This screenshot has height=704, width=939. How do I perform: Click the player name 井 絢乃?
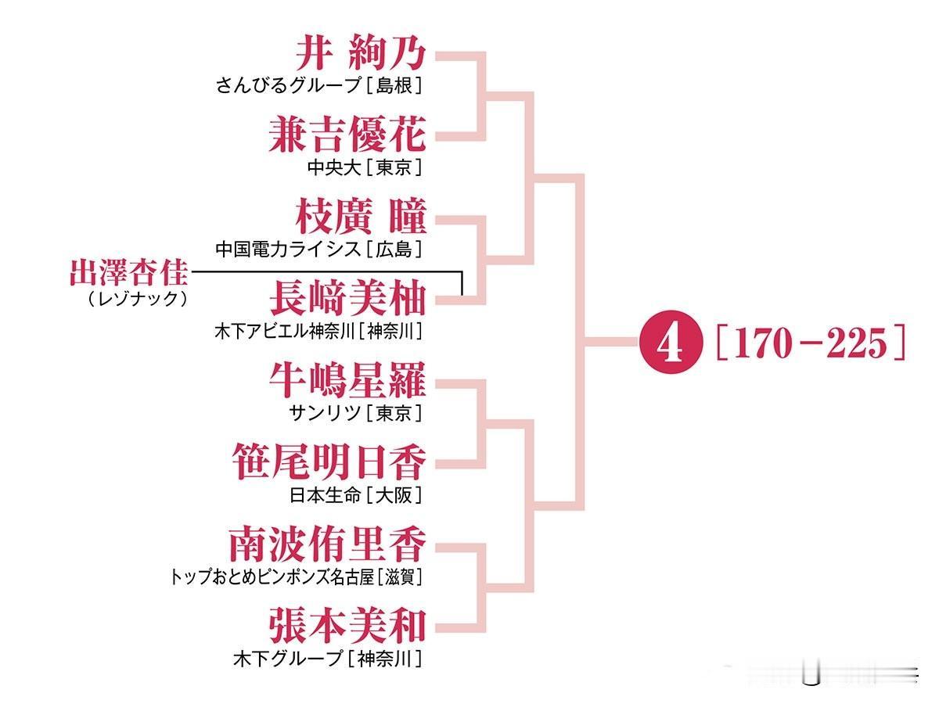coord(361,53)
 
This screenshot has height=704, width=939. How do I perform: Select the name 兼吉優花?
coord(347,135)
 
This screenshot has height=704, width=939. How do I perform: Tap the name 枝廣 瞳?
coord(361,216)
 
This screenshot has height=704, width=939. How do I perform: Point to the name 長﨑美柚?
coord(347,298)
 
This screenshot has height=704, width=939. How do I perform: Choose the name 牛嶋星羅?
coord(347,380)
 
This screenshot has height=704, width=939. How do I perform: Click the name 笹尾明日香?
coord(329,462)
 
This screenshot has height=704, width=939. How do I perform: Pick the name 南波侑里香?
coord(328,544)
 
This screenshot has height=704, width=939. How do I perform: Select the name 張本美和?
coord(347,626)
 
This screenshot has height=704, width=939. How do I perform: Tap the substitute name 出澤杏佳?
coord(129,272)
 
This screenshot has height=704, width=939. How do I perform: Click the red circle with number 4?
coord(671,342)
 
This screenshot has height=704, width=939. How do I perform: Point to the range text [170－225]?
coord(811,343)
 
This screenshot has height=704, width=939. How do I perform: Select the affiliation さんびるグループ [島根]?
coord(319,85)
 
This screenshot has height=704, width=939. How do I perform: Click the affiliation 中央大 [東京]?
coord(365,167)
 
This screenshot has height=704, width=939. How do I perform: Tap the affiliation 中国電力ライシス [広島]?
coord(319,250)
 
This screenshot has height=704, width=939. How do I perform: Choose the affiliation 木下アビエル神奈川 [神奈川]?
coord(318,331)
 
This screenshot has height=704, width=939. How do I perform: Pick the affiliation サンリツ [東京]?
coord(356,413)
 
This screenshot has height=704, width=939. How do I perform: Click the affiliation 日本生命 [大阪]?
coord(356,496)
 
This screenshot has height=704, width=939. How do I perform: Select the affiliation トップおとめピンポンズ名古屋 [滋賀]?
coord(297,577)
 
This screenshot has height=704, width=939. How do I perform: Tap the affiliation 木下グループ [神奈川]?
coord(328,659)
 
